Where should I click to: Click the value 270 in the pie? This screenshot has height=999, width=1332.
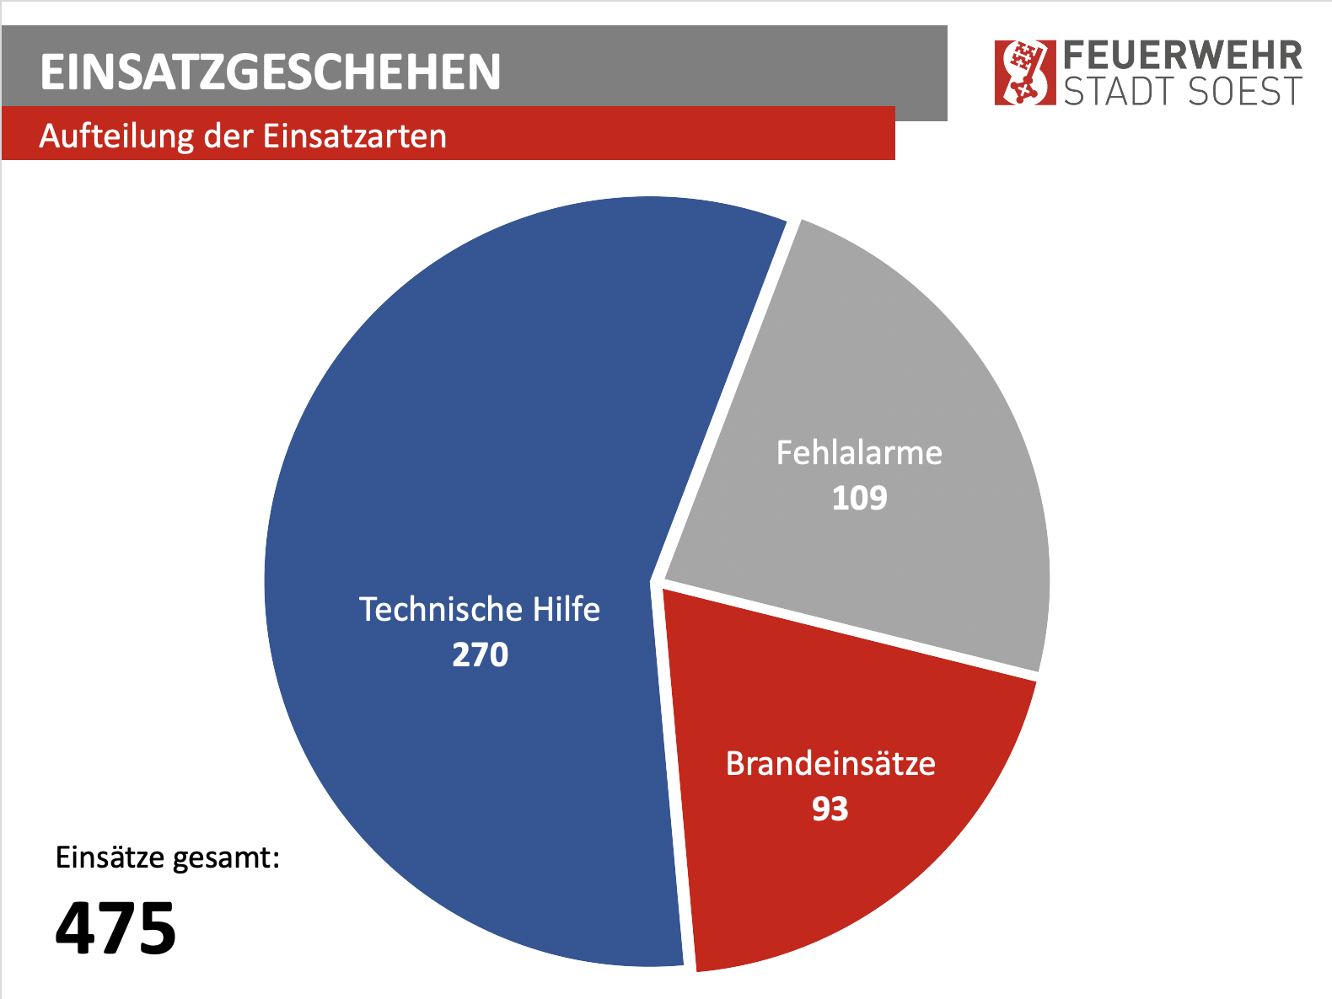point(480,654)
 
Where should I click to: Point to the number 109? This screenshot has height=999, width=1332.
point(859,498)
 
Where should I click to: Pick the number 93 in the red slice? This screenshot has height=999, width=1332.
point(830,809)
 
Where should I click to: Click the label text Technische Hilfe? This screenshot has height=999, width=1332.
point(479,609)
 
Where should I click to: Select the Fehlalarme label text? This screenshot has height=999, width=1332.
point(859,453)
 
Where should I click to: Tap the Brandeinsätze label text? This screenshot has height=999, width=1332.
point(830,764)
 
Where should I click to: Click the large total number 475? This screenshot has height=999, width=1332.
point(115,928)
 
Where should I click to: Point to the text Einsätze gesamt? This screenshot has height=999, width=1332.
point(167,857)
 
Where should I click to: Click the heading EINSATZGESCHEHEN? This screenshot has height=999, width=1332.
point(271,72)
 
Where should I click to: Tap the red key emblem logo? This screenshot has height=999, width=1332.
point(1024,72)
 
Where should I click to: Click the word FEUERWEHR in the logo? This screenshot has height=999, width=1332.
point(1183,56)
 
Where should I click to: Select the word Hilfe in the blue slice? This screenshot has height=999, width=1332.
point(566,609)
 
